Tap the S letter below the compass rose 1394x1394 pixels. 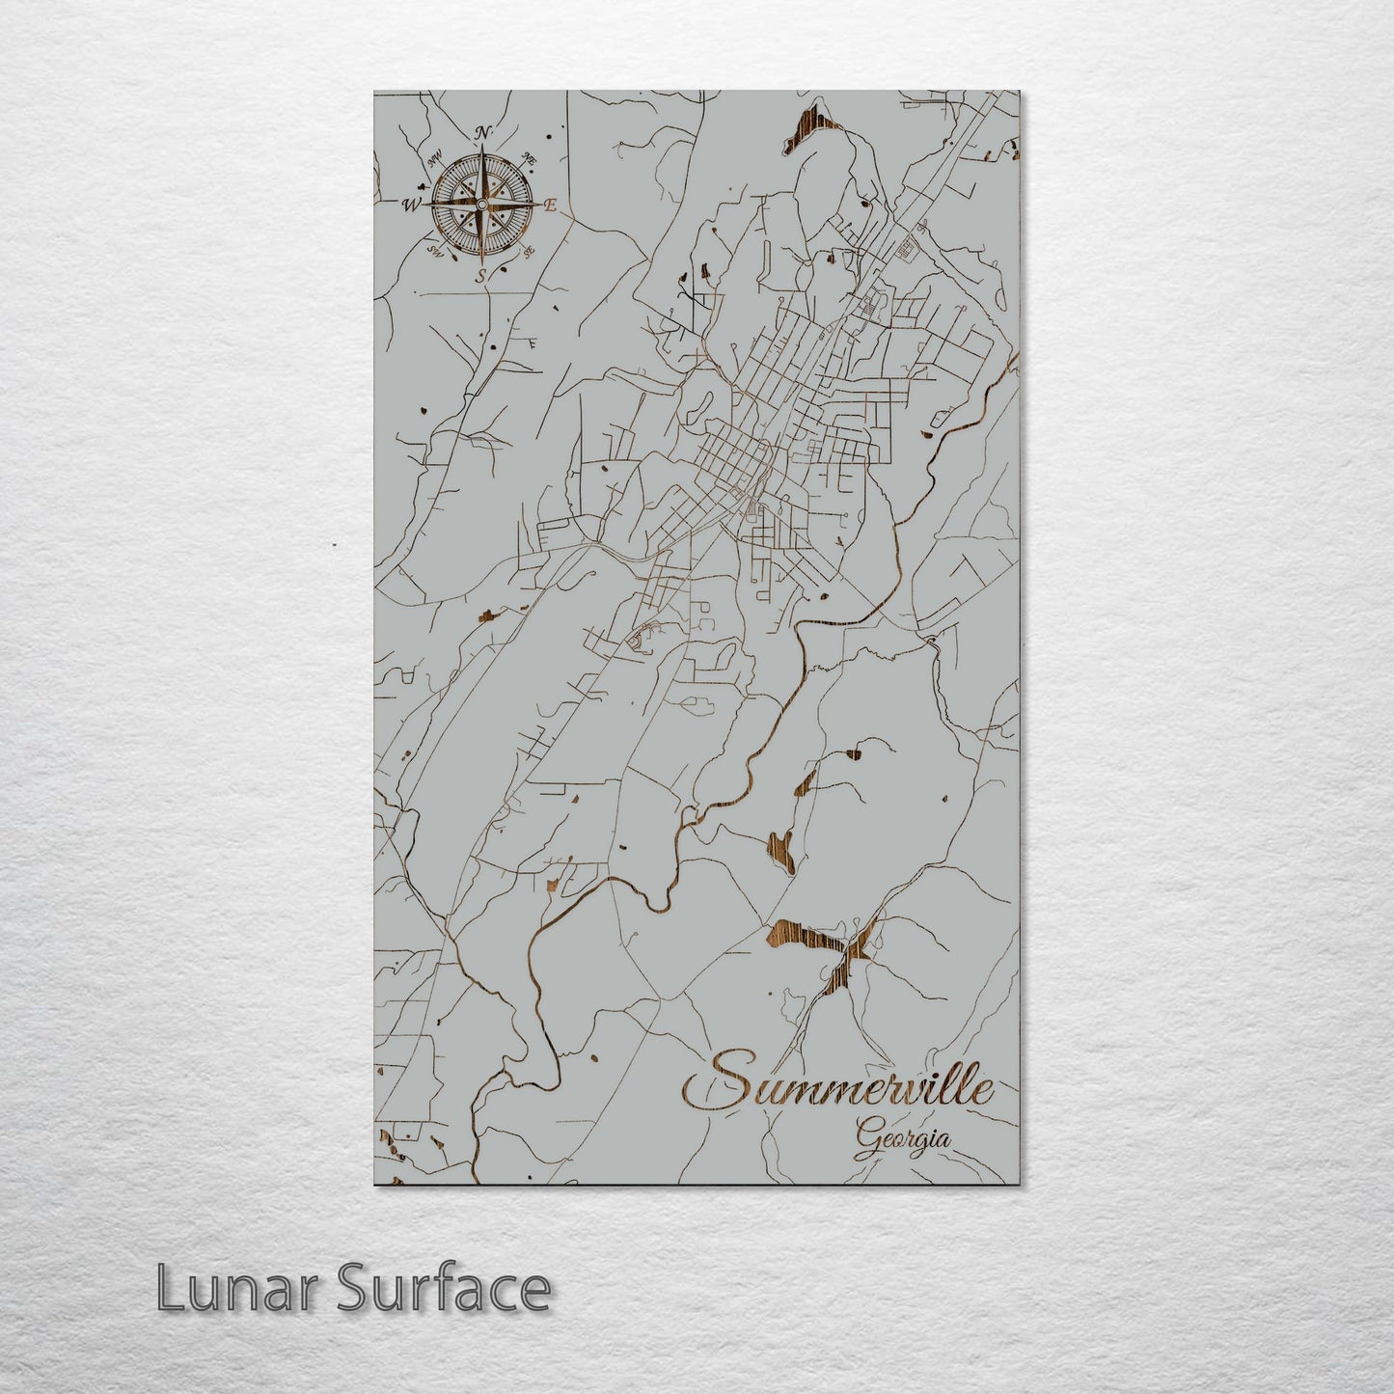[479, 276]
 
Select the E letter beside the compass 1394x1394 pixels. [552, 205]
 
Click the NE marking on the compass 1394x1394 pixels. [529, 158]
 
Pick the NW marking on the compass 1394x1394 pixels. [434, 160]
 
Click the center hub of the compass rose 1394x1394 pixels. [480, 204]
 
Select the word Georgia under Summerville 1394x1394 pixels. [901, 1139]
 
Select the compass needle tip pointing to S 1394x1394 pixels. [480, 261]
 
